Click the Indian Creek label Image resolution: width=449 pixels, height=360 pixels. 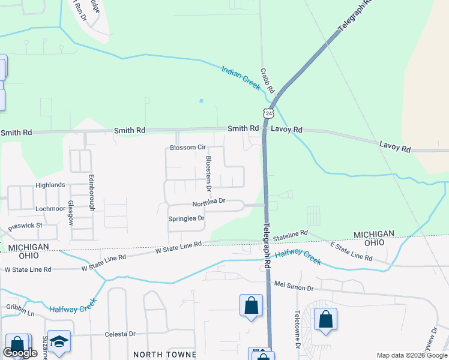pos(241,79)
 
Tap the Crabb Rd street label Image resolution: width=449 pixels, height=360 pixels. pos(267,80)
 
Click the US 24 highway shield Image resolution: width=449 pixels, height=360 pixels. pos(268,113)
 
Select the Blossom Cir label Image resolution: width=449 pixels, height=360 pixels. pos(188,147)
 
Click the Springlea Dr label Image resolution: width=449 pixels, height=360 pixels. pos(187,218)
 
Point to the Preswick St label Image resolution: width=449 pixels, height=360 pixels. pos(25,226)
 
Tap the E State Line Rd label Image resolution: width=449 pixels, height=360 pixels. pos(352,251)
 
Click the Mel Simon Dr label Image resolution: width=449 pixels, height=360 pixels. pos(294,287)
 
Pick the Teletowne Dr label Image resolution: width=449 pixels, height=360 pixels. pos(297,329)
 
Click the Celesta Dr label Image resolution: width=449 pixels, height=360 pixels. pos(121,334)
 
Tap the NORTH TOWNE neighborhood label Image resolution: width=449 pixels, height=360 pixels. pos(165,354)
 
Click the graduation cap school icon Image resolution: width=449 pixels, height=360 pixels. pos(59,341)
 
